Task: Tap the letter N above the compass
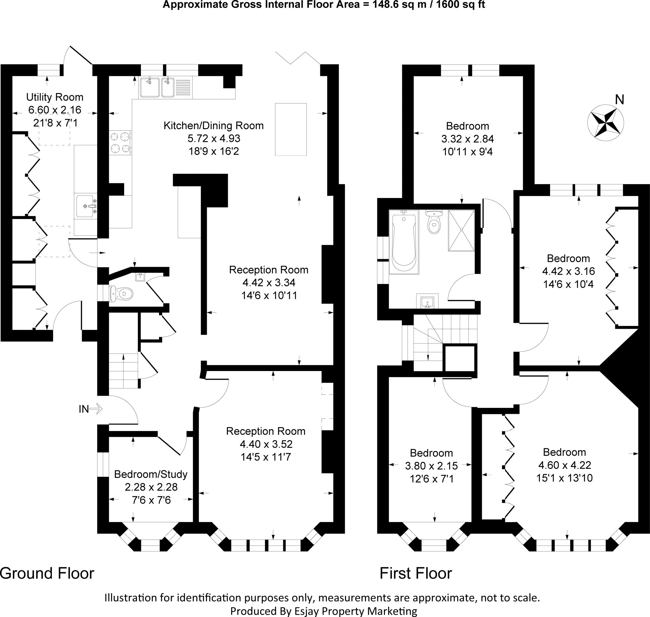[620, 100]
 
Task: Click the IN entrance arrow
[96, 409]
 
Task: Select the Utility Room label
[55, 97]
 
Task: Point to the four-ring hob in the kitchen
[120, 143]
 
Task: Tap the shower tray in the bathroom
[461, 230]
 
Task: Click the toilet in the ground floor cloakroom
[121, 293]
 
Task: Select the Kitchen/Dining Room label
[214, 126]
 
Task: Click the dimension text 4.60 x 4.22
[565, 465]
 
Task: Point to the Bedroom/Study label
[151, 474]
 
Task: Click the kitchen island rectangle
[291, 129]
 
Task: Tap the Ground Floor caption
[47, 573]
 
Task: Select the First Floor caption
[416, 573]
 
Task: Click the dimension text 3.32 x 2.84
[468, 139]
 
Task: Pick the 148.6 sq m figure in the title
[398, 5]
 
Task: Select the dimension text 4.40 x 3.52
[266, 444]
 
